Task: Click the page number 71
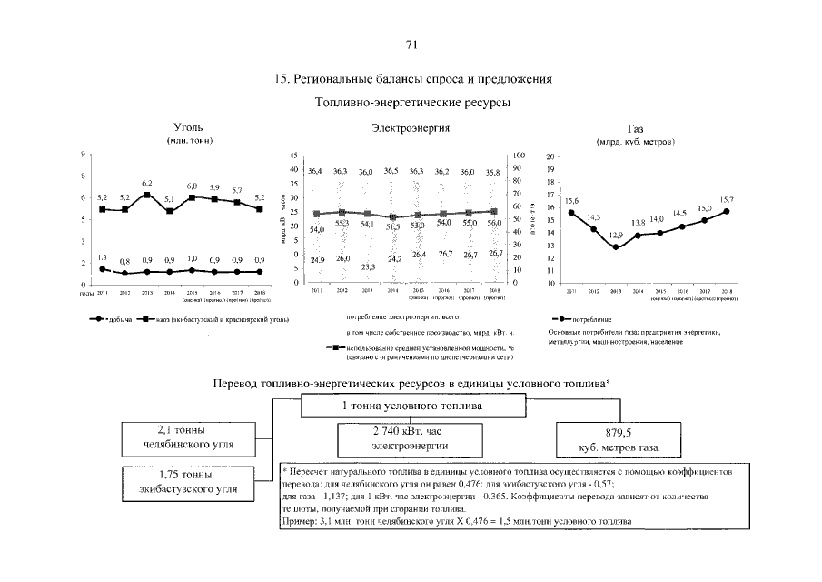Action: [x=411, y=45]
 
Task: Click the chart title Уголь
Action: [x=188, y=129]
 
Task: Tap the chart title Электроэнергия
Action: [x=411, y=129]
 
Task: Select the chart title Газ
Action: [x=636, y=129]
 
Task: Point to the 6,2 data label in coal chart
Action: [x=147, y=184]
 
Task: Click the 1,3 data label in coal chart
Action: [x=102, y=257]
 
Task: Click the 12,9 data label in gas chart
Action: [x=615, y=236]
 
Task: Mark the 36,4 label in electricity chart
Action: [x=315, y=171]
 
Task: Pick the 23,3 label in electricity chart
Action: [x=368, y=266]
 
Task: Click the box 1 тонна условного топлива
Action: [x=411, y=405]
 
